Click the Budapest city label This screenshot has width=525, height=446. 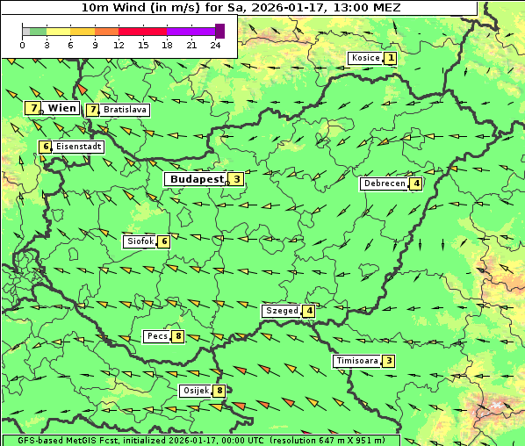pos(197,179)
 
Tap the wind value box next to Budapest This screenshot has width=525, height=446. pos(236,179)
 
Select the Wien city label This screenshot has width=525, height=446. pos(62,108)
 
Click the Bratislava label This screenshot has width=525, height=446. pos(124,111)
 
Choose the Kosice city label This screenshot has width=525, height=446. pos(364,59)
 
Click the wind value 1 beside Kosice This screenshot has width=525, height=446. pos(390,59)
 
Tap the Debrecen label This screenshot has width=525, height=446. pos(384,184)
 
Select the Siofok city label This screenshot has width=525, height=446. pos(140,241)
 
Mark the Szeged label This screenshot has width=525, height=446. pos(281,311)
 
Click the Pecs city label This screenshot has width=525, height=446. pos(158,336)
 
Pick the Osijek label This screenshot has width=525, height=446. pos(195,391)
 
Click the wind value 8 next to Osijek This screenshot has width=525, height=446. pos(219,391)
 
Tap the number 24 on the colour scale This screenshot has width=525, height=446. pos(215,45)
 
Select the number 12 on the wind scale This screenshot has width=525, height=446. pos(119,45)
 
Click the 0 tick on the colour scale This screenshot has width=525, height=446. pos(22,45)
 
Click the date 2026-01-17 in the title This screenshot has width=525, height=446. pos(278,7)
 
